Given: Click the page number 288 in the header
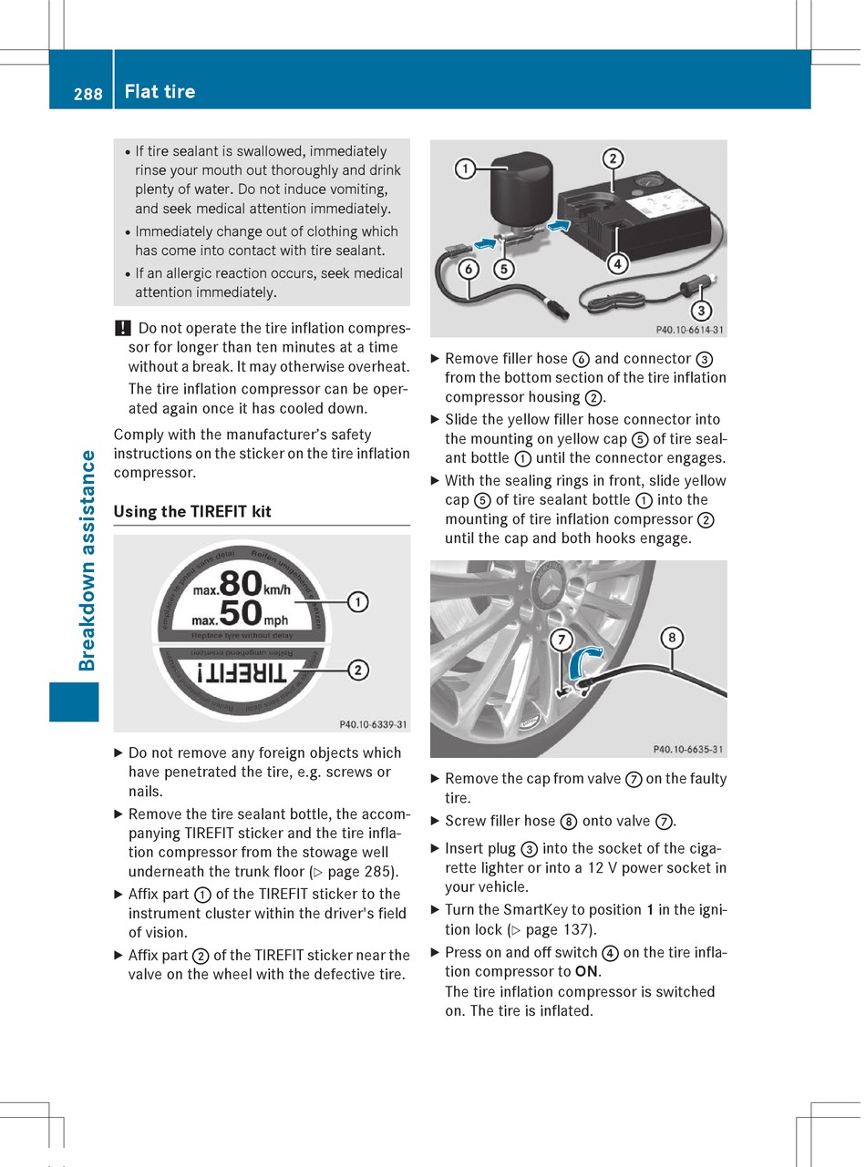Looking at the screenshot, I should [x=88, y=93].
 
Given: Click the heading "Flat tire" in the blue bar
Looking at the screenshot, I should [x=160, y=91].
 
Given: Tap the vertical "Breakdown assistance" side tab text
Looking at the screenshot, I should [x=88, y=560].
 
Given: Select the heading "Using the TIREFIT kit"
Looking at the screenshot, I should [x=192, y=512].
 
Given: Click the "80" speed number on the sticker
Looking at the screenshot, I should [x=241, y=584].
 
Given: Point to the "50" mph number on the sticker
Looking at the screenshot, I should [x=241, y=614].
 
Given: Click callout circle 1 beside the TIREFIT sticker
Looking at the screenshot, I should [x=358, y=601].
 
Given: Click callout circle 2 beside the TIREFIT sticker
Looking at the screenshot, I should [x=358, y=671].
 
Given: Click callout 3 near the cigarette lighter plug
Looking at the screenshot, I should [x=700, y=310].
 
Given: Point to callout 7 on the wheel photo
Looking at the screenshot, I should [x=561, y=640].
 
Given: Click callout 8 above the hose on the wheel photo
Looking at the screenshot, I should [x=672, y=638].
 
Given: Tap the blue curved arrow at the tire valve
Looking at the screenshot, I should [x=584, y=662].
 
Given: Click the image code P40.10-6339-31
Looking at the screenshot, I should [x=373, y=725].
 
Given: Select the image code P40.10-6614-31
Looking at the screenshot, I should [x=690, y=331].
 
